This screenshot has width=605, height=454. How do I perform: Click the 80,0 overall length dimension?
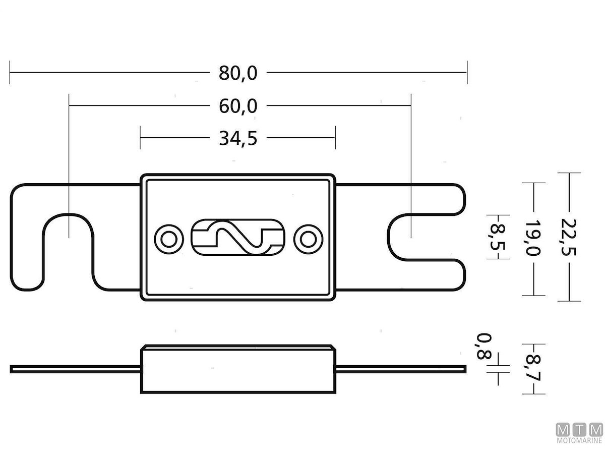(x=238, y=73)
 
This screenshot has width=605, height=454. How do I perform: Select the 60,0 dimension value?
(x=238, y=106)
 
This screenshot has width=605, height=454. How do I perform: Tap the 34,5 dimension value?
(x=238, y=138)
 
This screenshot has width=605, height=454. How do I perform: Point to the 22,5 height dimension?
(x=569, y=237)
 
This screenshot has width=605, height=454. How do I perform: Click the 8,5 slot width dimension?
(x=498, y=237)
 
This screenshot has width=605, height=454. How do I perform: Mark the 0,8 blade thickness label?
(x=484, y=346)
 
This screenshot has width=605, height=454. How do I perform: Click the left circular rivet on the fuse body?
(x=169, y=239)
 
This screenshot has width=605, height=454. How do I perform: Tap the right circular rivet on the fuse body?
(x=308, y=239)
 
